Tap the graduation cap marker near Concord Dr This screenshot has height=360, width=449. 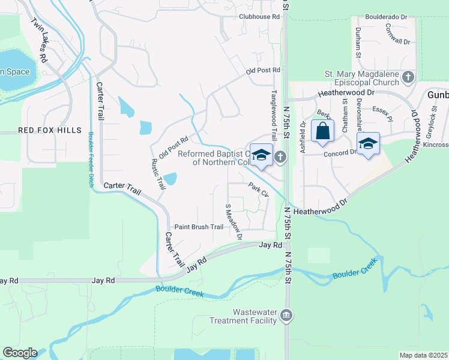point(367,144)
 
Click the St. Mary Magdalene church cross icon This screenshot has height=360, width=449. point(408,76)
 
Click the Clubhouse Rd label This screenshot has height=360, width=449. point(259,17)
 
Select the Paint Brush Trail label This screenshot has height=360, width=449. point(199,227)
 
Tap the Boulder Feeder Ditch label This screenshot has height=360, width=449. point(91,159)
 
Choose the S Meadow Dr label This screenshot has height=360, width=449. point(233,221)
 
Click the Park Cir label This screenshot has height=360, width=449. point(259,189)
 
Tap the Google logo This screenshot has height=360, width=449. point(19,353)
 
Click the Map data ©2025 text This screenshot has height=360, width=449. point(423,355)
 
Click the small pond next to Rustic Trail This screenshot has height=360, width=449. point(170,178)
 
